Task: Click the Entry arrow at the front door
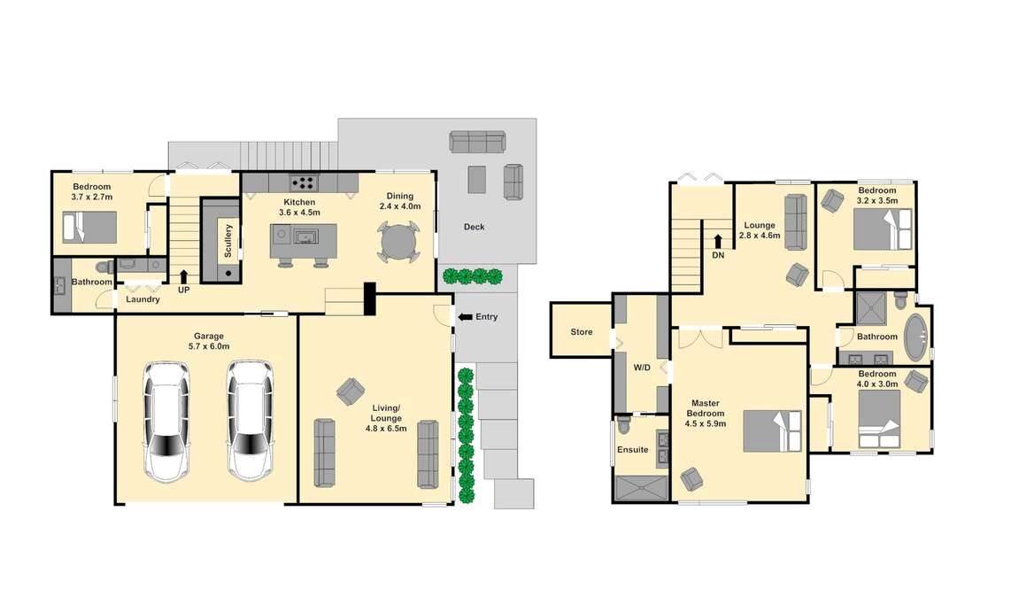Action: coord(465,317)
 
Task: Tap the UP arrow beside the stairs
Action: coord(184,276)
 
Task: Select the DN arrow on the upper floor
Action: coord(718,242)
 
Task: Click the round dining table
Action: coord(399,242)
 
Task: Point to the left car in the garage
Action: coord(166,422)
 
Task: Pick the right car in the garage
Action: coord(251,421)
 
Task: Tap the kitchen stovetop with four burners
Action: coord(304,183)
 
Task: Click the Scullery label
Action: coord(228,241)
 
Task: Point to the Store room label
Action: coord(581,331)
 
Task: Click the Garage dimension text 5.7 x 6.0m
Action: coord(209,346)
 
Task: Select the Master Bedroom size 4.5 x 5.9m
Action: coord(706,424)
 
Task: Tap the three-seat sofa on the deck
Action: coord(477,142)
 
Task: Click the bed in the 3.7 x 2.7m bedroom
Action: coord(89,227)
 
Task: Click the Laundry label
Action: coord(143,299)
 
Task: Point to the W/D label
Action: coord(642,368)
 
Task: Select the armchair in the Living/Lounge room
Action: coord(350,391)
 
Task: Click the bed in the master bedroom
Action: coord(773,431)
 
